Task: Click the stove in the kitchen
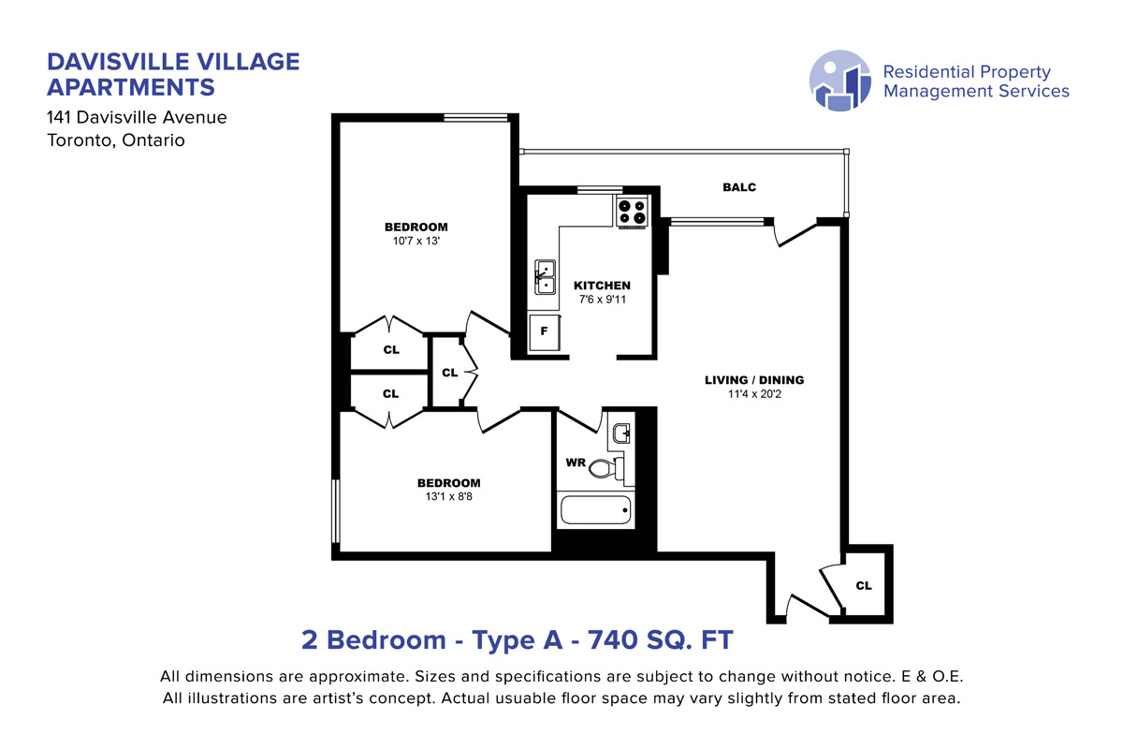pyautogui.click(x=632, y=213)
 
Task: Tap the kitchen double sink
pyautogui.click(x=545, y=277)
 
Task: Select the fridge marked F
pyautogui.click(x=545, y=331)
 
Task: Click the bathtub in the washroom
pyautogui.click(x=595, y=509)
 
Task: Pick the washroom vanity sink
pyautogui.click(x=621, y=433)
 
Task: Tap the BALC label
pyautogui.click(x=739, y=187)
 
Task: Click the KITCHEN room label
pyautogui.click(x=602, y=286)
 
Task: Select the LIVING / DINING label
pyautogui.click(x=754, y=380)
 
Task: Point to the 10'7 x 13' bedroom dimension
pyautogui.click(x=416, y=241)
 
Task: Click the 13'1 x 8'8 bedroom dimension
pyautogui.click(x=448, y=496)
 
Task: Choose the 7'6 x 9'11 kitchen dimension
pyautogui.click(x=603, y=300)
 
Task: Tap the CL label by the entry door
pyautogui.click(x=864, y=585)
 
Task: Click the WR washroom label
pyautogui.click(x=576, y=463)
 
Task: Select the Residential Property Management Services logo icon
pyautogui.click(x=839, y=81)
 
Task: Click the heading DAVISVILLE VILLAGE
pyautogui.click(x=173, y=62)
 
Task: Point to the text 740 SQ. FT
pyautogui.click(x=661, y=640)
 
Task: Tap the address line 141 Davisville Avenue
pyautogui.click(x=137, y=117)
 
